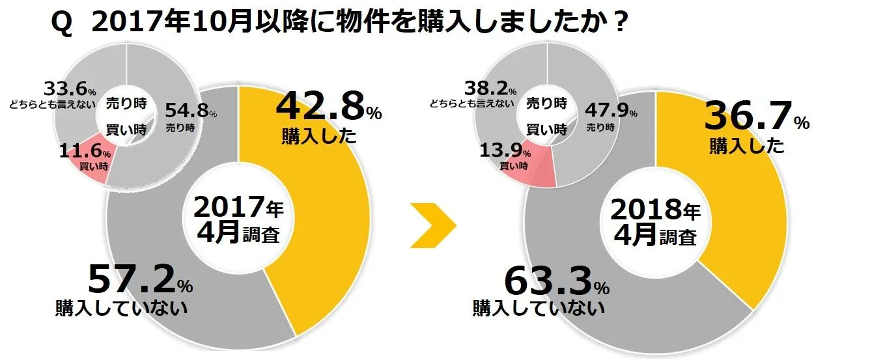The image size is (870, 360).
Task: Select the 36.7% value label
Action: (x=755, y=118)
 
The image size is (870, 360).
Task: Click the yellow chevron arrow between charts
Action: (x=433, y=225)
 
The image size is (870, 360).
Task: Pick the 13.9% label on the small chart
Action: (x=504, y=154)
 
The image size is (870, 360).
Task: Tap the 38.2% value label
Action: (x=488, y=88)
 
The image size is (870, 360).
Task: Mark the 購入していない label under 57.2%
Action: (x=121, y=307)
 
